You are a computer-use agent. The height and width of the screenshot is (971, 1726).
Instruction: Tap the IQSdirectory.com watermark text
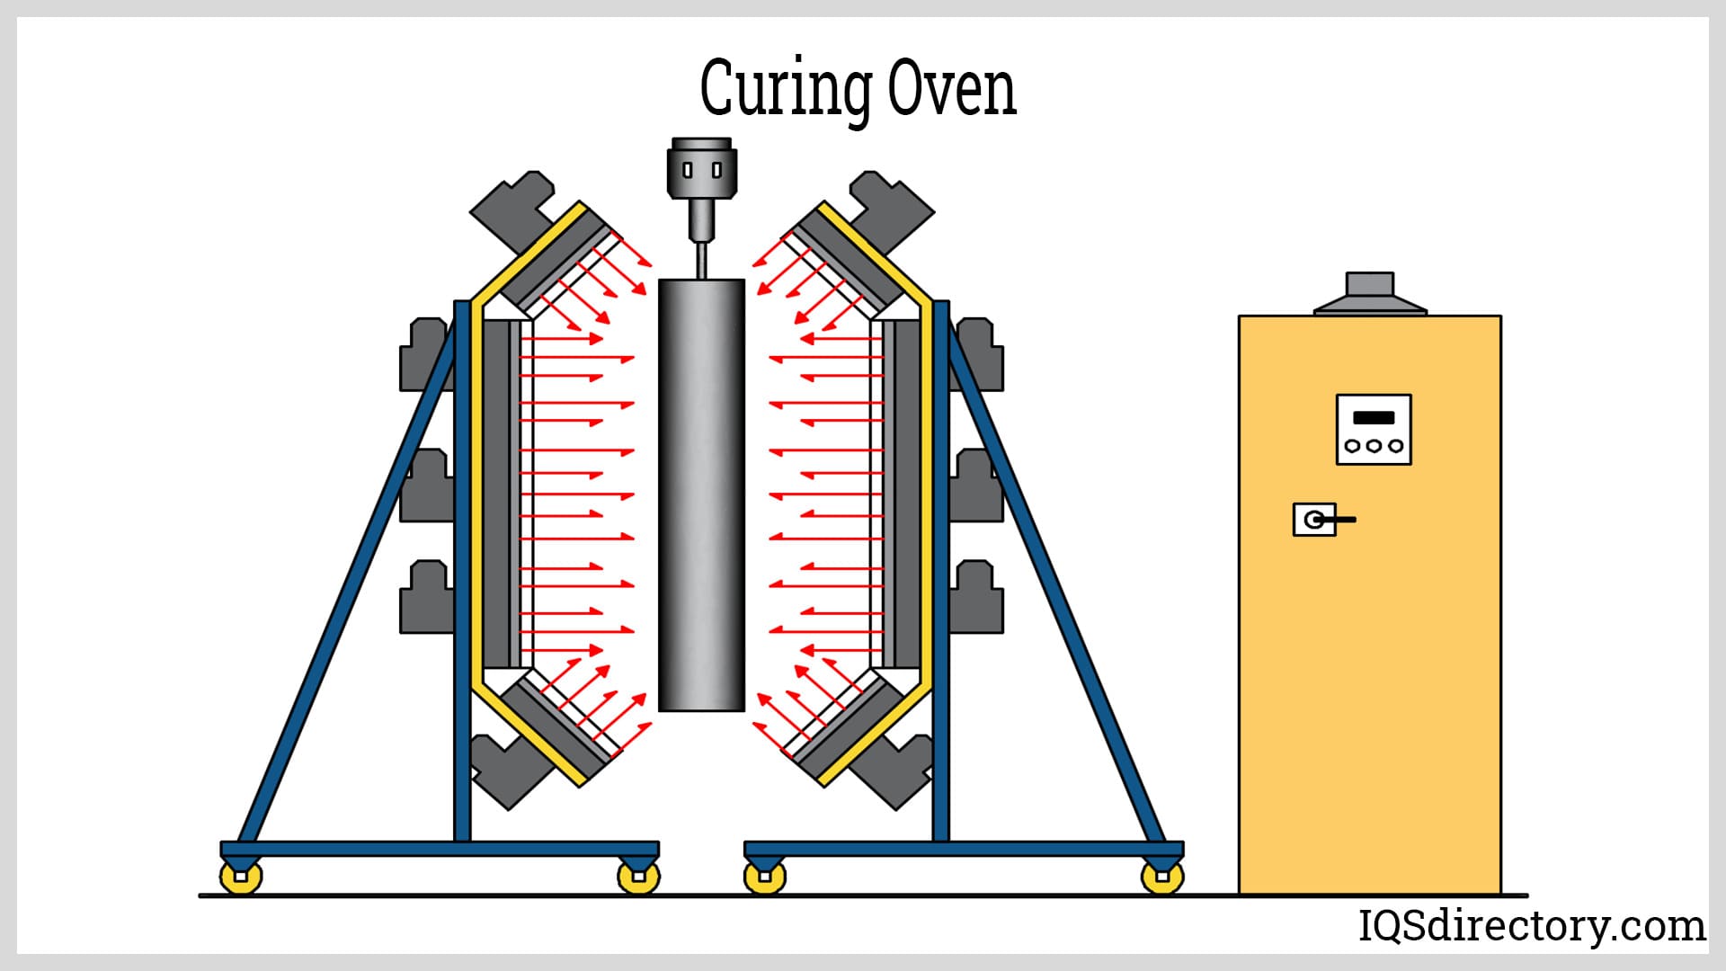click(1530, 925)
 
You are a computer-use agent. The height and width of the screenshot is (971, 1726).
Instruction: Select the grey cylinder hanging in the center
click(701, 494)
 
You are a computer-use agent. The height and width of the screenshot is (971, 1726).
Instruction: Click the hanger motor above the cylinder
click(701, 169)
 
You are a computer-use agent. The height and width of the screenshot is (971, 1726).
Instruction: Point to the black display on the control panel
click(1373, 417)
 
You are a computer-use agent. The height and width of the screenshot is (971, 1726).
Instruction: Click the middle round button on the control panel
click(1373, 445)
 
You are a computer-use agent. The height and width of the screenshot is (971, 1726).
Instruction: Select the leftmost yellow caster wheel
click(241, 877)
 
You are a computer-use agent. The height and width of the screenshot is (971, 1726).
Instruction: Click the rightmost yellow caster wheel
click(1161, 877)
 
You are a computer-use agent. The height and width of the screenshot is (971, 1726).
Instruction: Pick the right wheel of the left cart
click(638, 877)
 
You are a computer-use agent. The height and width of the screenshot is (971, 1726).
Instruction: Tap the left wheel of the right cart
click(765, 877)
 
